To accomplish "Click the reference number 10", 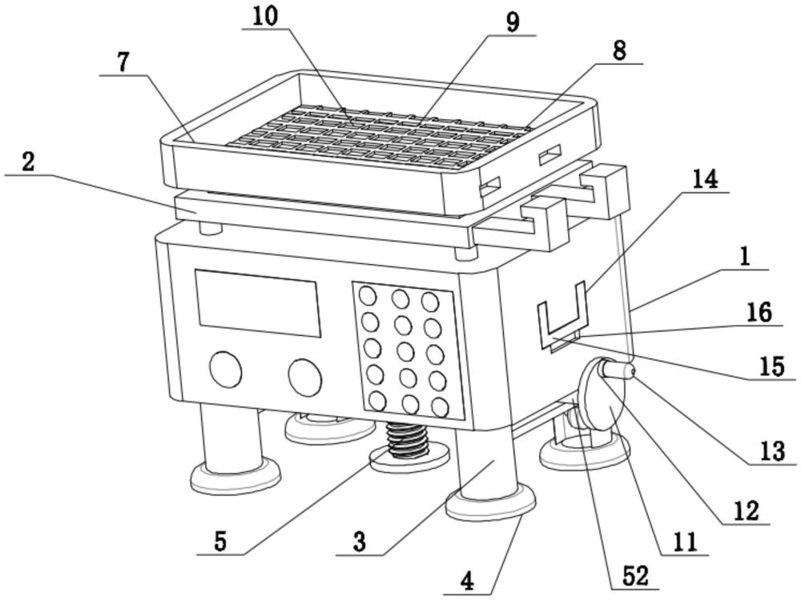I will pyautogui.click(x=268, y=17).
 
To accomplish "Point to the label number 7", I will pyautogui.click(x=123, y=64).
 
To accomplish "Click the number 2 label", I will pyautogui.click(x=28, y=162).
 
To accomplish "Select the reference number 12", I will pyautogui.click(x=745, y=510).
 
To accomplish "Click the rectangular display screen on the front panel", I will pyautogui.click(x=259, y=302).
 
